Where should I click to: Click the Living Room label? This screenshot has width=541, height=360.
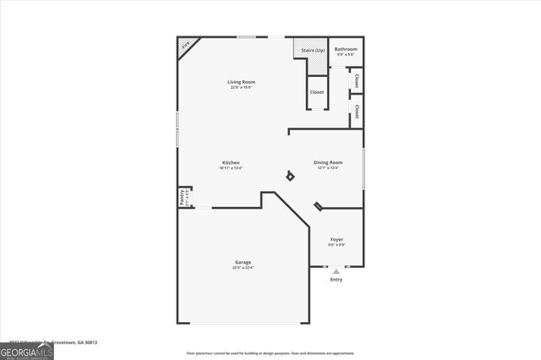click(241, 82)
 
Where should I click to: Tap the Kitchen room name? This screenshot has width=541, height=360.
click(231, 162)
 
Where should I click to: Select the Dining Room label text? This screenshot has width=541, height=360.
click(328, 162)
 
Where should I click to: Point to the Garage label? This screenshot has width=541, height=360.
click(243, 262)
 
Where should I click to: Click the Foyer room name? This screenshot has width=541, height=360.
click(336, 239)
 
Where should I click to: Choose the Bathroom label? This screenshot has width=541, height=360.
click(346, 49)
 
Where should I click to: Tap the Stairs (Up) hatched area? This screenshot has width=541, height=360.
click(309, 50)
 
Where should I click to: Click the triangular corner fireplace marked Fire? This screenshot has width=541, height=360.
click(186, 46)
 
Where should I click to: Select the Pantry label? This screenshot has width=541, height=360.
click(182, 197)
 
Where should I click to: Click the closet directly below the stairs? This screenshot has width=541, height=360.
click(316, 92)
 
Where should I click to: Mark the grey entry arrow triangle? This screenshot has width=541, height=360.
click(336, 271)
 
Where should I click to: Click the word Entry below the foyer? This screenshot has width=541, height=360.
click(336, 280)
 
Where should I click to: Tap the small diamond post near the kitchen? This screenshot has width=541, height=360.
click(290, 176)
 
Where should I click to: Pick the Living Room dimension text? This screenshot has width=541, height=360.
click(241, 88)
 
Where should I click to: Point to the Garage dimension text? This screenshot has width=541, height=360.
click(243, 268)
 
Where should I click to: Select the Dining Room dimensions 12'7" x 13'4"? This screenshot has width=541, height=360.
click(328, 168)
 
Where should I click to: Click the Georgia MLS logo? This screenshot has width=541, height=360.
click(26, 352)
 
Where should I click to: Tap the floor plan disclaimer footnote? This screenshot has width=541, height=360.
click(270, 353)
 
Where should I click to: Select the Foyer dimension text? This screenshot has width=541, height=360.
click(336, 245)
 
